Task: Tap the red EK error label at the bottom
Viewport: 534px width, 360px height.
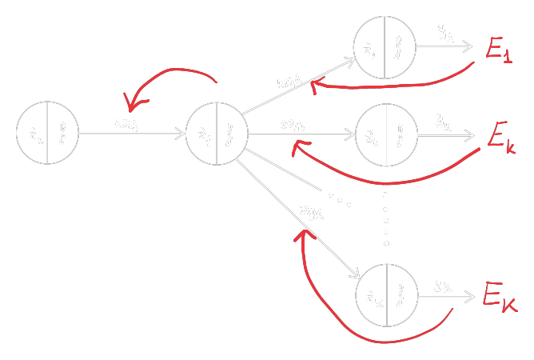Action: [x=500, y=297]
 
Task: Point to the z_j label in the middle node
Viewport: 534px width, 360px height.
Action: [x=203, y=134]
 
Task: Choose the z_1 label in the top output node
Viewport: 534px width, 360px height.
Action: [x=370, y=49]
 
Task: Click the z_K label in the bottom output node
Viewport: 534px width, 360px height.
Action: [x=373, y=297]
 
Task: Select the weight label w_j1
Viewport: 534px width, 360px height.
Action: [x=289, y=81]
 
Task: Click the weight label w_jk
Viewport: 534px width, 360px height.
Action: [x=293, y=124]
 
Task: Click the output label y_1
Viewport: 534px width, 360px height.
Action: [x=444, y=33]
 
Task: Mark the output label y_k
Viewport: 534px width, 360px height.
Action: [x=444, y=120]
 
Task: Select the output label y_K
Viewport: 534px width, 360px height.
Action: [x=444, y=282]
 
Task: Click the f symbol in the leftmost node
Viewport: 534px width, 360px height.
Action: [x=62, y=134]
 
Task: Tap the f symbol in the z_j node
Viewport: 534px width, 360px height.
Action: [x=230, y=134]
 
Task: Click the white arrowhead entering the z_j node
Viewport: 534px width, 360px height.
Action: [x=181, y=134]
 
